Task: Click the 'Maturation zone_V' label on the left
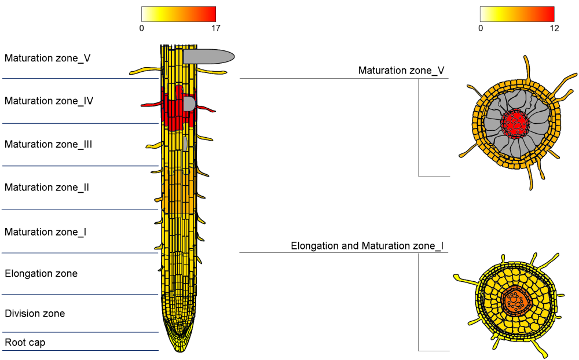click(x=47, y=58)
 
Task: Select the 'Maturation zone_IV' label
click(x=49, y=101)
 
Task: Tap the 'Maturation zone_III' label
click(x=49, y=144)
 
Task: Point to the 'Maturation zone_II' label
click(x=47, y=188)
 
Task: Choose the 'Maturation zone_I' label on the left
click(x=46, y=232)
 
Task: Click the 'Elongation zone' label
click(x=41, y=273)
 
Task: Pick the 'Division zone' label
click(x=35, y=314)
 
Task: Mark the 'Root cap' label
click(x=25, y=343)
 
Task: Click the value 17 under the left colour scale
click(x=215, y=28)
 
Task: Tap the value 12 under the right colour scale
click(x=554, y=28)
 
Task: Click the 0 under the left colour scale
click(x=142, y=28)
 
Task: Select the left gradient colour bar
click(x=178, y=14)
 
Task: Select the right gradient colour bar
click(x=517, y=14)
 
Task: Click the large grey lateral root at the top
click(x=208, y=56)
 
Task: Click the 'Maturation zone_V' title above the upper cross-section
click(x=401, y=71)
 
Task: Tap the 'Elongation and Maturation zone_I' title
click(x=367, y=246)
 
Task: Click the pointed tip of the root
click(x=179, y=350)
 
